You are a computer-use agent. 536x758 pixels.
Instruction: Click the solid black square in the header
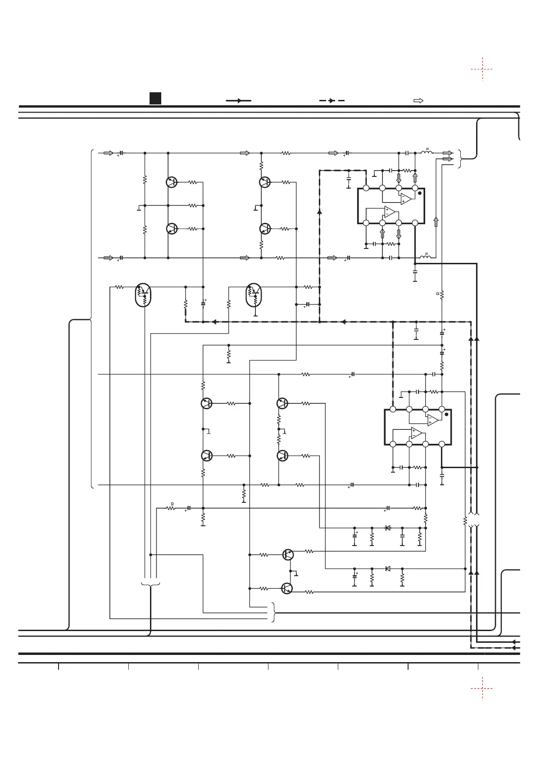coord(155,98)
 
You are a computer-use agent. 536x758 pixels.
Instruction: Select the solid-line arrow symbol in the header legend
coord(238,101)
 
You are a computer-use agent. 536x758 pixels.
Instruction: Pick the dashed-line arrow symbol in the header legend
coord(332,101)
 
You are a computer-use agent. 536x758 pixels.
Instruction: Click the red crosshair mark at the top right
coord(482,69)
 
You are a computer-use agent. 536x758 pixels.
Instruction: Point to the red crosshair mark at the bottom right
coord(482,689)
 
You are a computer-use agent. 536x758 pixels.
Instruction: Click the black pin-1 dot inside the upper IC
coord(420,193)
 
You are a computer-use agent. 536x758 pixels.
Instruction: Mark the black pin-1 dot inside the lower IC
coord(446,415)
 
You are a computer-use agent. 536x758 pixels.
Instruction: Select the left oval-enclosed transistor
coord(144,295)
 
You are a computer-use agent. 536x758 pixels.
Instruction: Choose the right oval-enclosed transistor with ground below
coord(254,295)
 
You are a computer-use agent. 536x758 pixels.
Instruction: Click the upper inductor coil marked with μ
coord(427,153)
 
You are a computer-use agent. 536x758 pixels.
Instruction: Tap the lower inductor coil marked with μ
coord(425,257)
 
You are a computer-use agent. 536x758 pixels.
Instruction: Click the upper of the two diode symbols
coord(388,528)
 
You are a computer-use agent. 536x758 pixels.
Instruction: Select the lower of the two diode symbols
coord(388,568)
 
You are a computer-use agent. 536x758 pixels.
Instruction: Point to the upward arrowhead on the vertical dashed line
coord(319,211)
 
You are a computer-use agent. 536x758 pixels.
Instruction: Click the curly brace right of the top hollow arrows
coord(460,158)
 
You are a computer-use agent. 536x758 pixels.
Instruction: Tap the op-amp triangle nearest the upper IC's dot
coord(406,199)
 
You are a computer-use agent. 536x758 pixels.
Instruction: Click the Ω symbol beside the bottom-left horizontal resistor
coord(173,504)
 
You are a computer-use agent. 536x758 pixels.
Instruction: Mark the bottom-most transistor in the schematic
coord(287,588)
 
